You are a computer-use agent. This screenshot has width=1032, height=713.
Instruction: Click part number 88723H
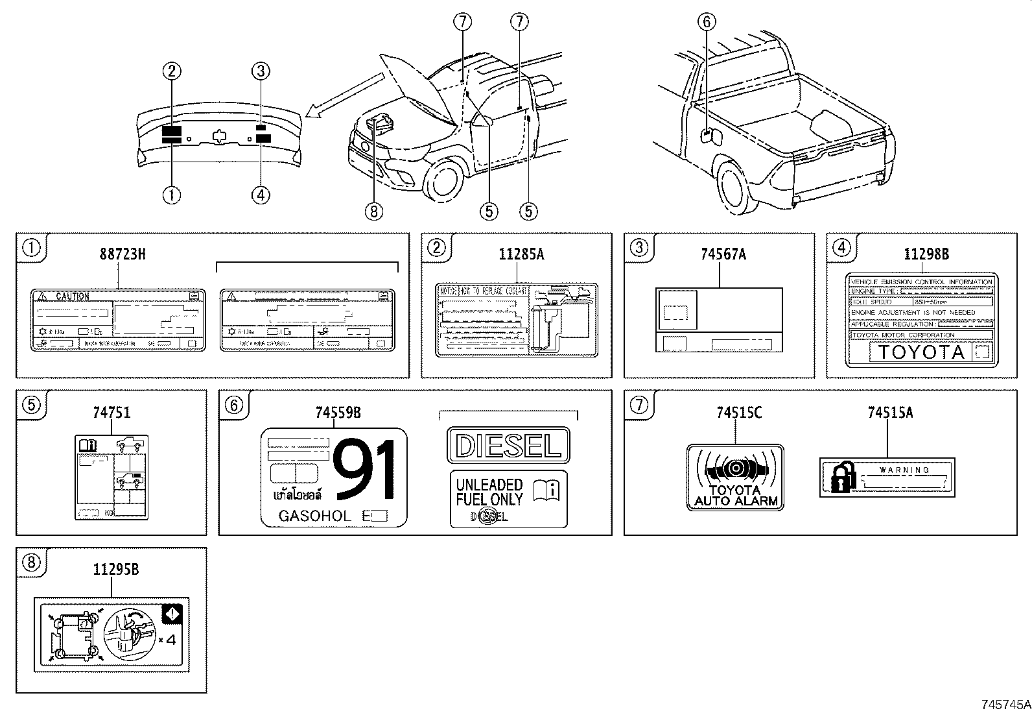(x=122, y=254)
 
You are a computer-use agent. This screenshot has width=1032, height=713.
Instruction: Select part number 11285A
(x=521, y=254)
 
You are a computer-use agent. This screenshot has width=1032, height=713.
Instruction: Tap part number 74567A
(x=723, y=254)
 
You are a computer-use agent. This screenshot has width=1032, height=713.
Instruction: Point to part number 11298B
(x=926, y=254)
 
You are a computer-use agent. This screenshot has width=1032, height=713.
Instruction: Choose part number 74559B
(x=338, y=412)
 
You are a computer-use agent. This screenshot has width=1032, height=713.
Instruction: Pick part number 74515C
(x=739, y=412)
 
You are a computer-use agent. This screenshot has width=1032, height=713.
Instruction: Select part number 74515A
(x=890, y=412)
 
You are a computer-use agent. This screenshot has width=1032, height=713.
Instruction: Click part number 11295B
(x=115, y=570)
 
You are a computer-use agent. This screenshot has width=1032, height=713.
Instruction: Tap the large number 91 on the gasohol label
(x=364, y=470)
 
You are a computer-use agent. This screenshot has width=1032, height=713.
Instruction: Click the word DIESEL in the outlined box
(x=508, y=446)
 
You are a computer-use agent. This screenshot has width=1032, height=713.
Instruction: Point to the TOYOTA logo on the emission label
(x=921, y=352)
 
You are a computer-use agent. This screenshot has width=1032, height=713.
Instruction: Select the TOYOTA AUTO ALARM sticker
(x=735, y=477)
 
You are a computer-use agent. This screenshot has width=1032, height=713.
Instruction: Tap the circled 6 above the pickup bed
(x=707, y=22)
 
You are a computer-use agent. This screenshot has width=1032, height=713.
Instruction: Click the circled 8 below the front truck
(x=374, y=211)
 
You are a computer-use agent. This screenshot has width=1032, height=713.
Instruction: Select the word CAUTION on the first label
(x=73, y=296)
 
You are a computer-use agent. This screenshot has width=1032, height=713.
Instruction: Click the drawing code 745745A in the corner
(x=1005, y=704)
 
